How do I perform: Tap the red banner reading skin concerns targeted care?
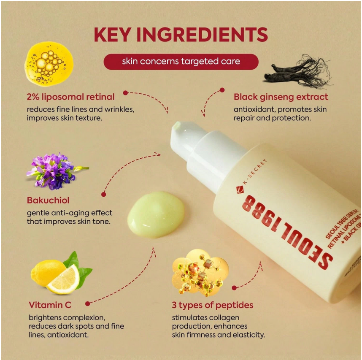coord(181,61)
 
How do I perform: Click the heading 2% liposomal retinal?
coord(70,97)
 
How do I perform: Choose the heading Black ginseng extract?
coord(281,97)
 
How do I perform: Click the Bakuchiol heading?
coord(48,200)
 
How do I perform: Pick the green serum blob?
coord(156,214)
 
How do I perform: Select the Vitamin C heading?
coord(50,305)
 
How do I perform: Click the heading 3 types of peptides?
coord(212,305)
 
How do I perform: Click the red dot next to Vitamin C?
coord(87,303)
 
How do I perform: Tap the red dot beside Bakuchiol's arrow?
coord(104,194)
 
